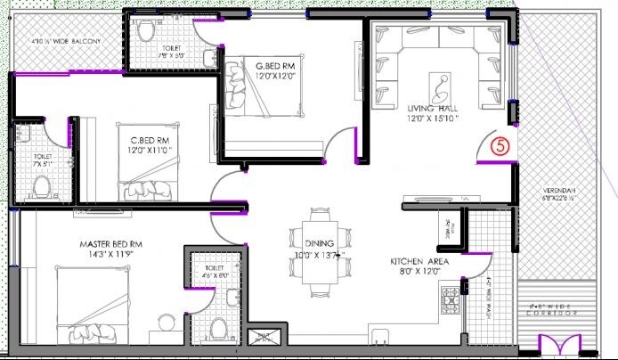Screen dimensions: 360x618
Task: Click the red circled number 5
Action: [500, 146]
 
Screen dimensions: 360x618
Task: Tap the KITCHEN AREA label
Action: [420, 262]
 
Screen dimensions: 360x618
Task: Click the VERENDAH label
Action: [561, 191]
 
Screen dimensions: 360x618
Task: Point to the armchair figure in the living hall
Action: [438, 89]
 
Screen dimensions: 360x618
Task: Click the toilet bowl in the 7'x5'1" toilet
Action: [40, 187]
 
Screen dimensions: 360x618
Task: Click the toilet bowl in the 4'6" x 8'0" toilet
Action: [215, 330]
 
